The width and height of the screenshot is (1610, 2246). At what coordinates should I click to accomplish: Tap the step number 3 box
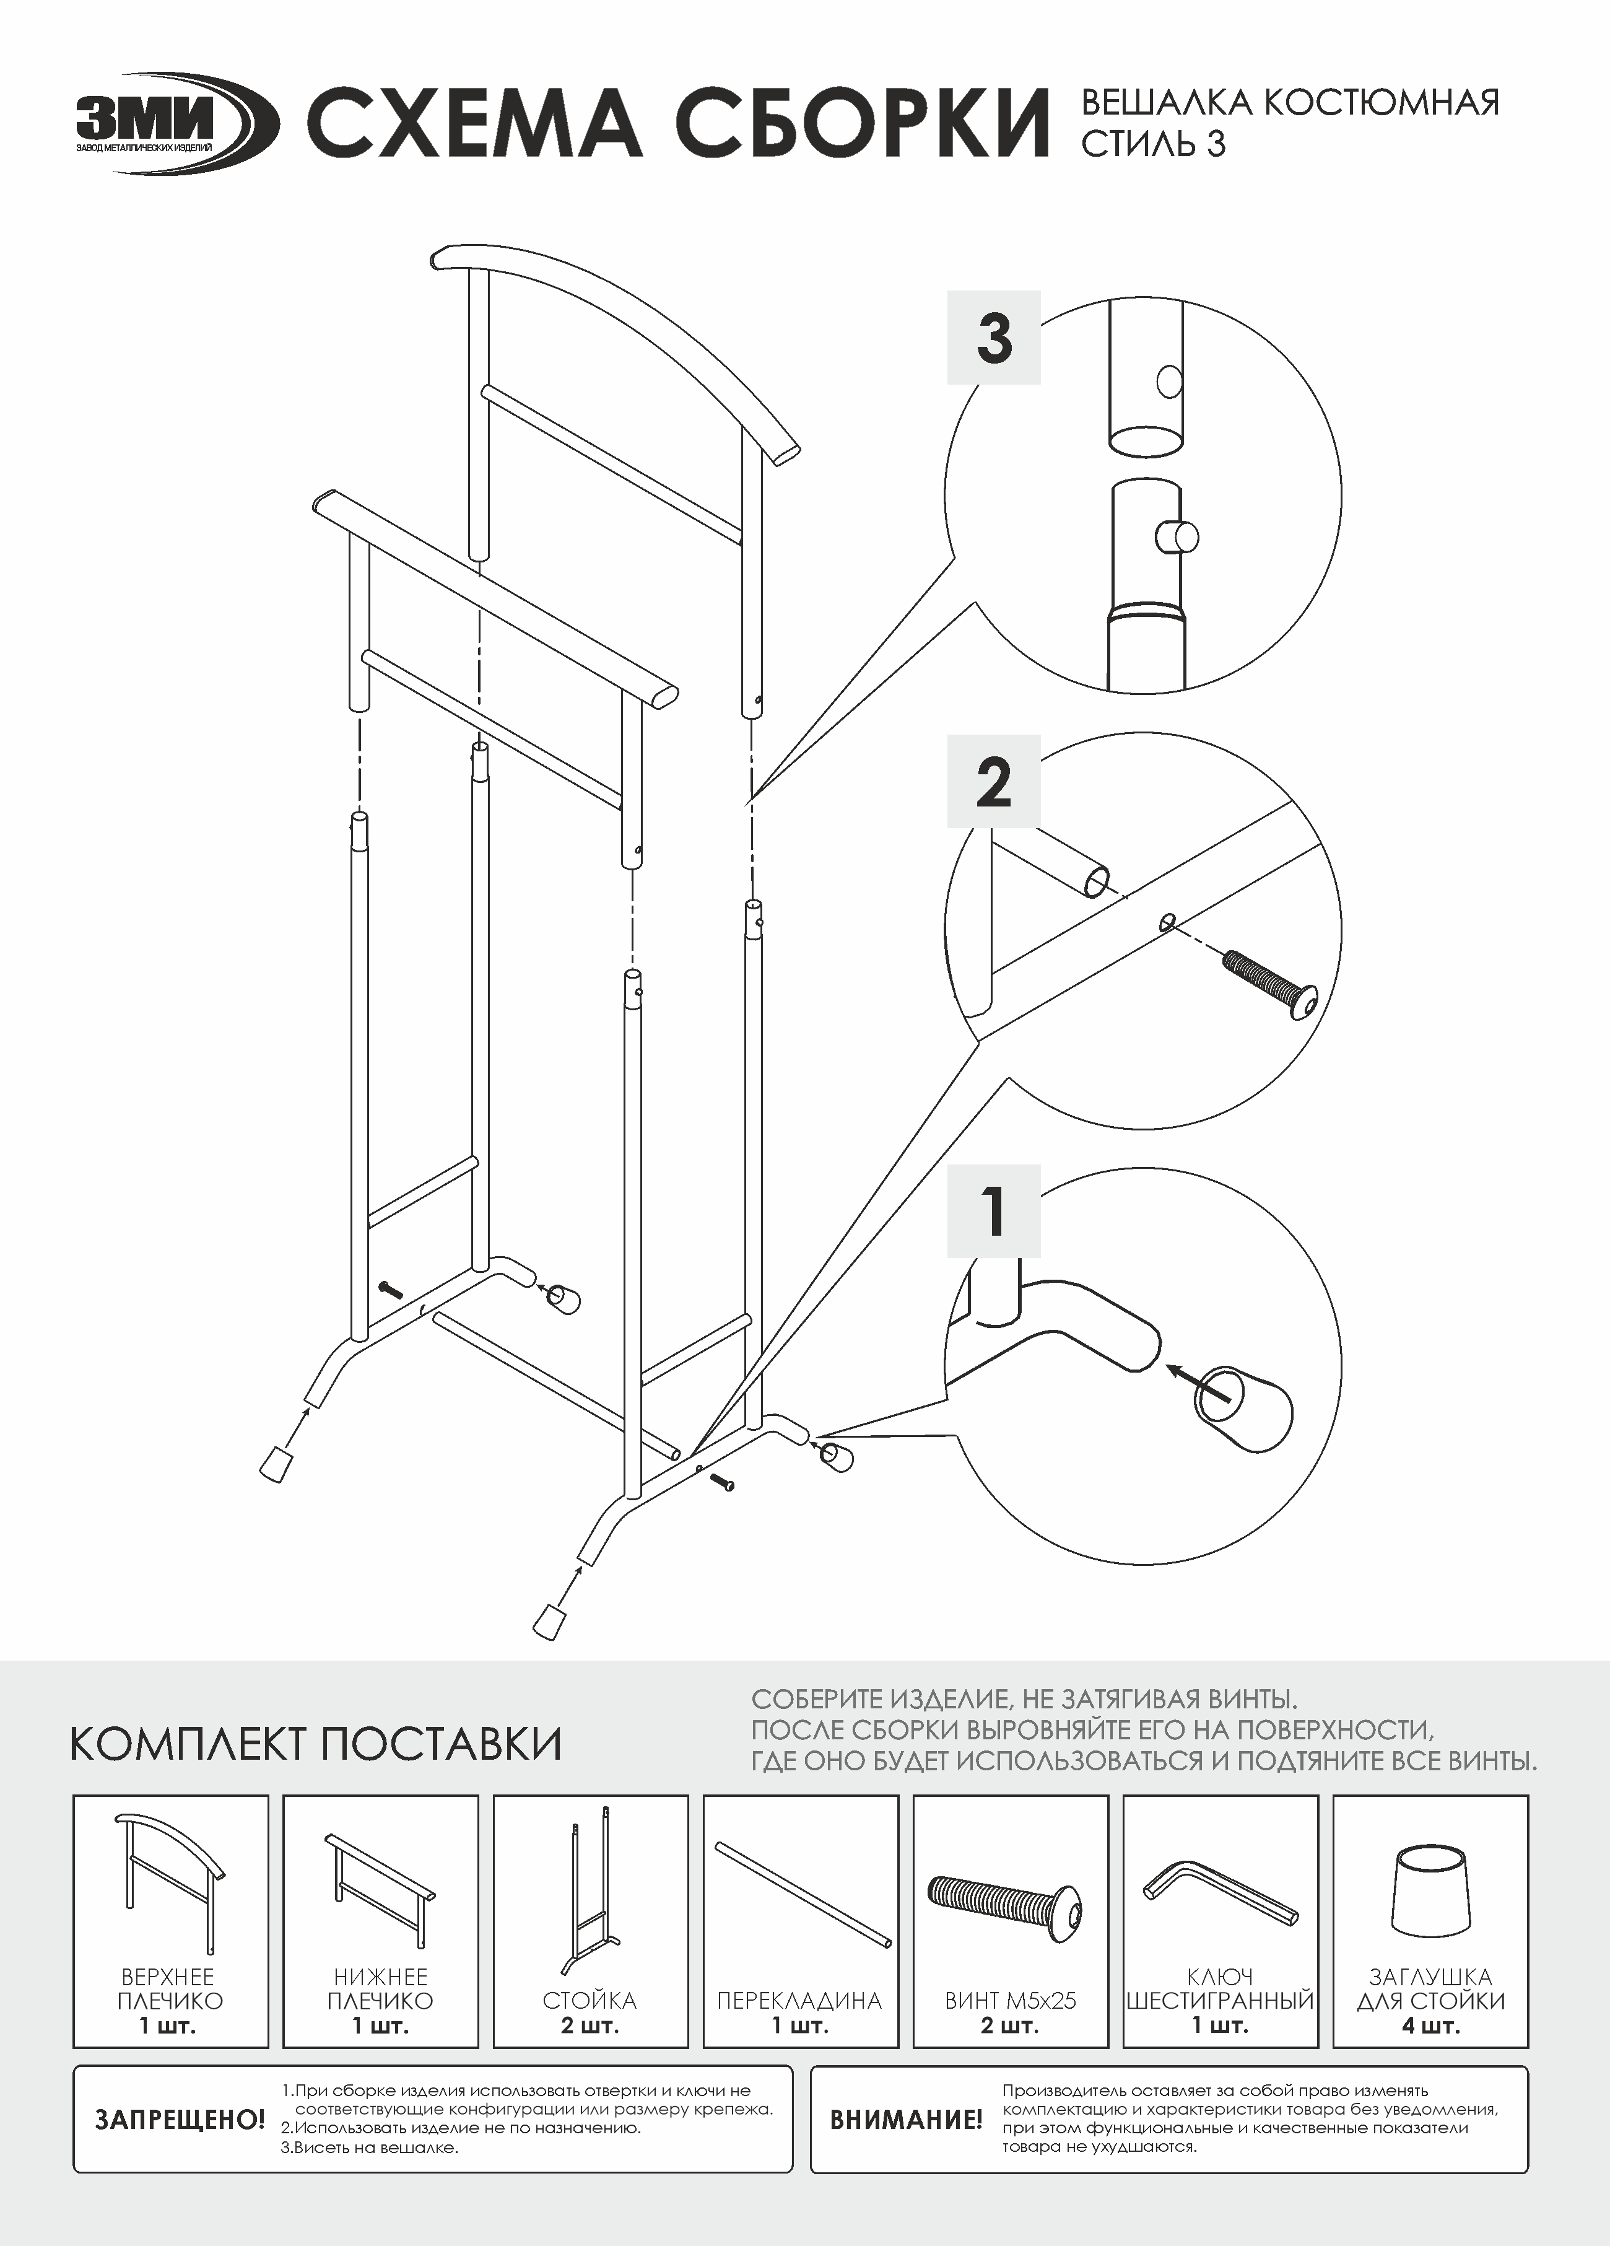pyautogui.click(x=994, y=337)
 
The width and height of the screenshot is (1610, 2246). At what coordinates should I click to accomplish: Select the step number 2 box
pyautogui.click(x=994, y=781)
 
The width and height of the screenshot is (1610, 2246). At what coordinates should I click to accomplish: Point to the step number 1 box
pyautogui.click(x=994, y=1210)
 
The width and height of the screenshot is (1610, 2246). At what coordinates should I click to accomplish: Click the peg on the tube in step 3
pyautogui.click(x=1177, y=537)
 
